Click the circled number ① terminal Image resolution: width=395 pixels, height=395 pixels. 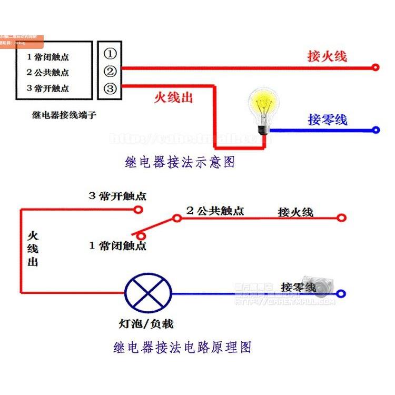pyautogui.click(x=110, y=54)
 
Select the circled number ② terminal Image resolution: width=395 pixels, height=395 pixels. pyautogui.click(x=110, y=72)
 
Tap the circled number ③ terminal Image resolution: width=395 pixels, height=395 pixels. pyautogui.click(x=110, y=88)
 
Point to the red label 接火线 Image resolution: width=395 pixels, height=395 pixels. pyautogui.click(x=327, y=56)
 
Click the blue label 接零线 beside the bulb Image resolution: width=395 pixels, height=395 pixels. pyautogui.click(x=328, y=120)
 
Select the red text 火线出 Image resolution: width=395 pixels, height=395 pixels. pyautogui.click(x=173, y=97)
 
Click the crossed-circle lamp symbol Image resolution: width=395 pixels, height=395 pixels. pyautogui.click(x=149, y=294)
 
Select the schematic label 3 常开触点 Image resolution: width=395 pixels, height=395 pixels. pyautogui.click(x=117, y=196)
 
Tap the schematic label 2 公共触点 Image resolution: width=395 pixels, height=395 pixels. pyautogui.click(x=215, y=211)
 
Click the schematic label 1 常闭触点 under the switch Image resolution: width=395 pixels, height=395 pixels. pyautogui.click(x=117, y=245)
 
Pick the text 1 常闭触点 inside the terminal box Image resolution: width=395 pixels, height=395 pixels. pyautogui.click(x=48, y=57)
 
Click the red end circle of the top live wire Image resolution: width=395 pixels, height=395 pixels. pyautogui.click(x=376, y=67)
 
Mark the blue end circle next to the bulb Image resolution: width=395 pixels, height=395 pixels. pyautogui.click(x=376, y=130)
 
